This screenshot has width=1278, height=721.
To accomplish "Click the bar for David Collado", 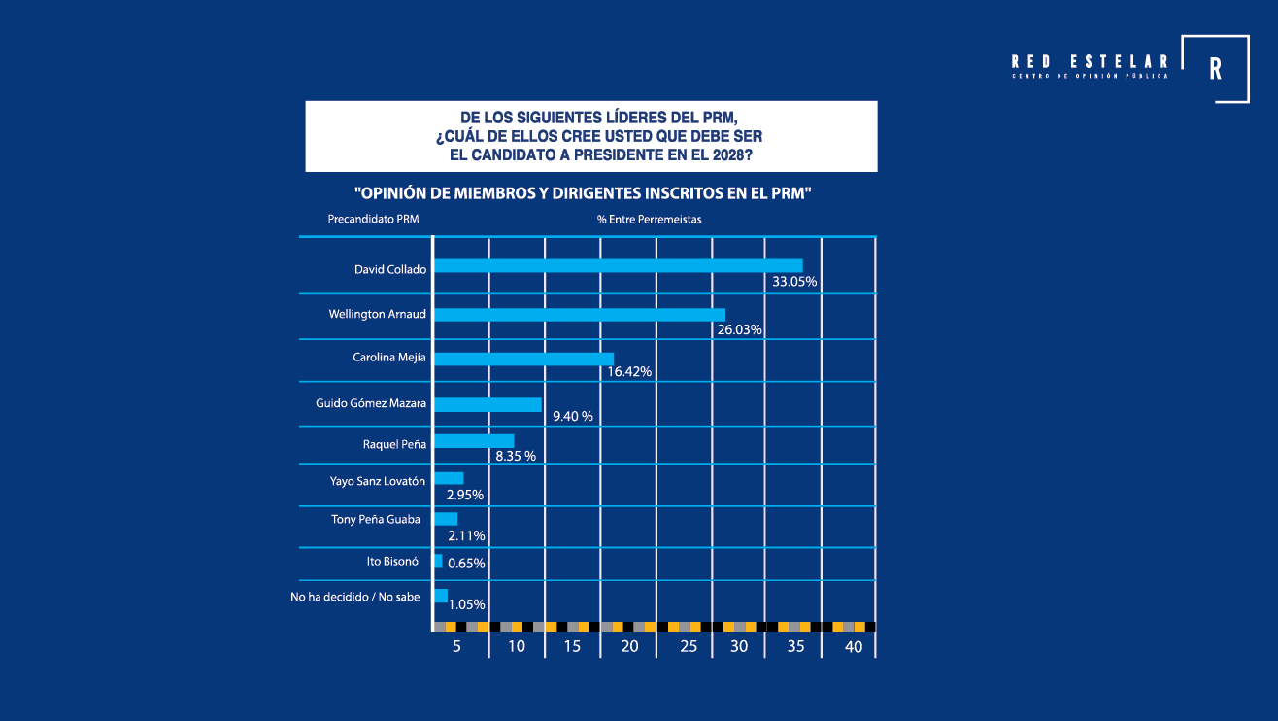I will tap(618, 266).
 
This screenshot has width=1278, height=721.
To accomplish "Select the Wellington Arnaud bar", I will tap(579, 315).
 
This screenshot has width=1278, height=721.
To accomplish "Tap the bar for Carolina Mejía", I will tap(523, 359).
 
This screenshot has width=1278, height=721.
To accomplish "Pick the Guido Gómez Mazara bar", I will tap(487, 404).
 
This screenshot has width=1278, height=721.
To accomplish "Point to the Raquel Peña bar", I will tap(473, 441).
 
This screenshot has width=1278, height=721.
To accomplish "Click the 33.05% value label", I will tap(793, 282).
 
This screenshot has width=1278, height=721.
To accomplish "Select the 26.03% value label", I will tap(739, 329).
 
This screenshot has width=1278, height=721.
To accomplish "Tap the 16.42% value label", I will tap(628, 372).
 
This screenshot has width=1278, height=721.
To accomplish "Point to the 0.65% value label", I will tap(466, 563).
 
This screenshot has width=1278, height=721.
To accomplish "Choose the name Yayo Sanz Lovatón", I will tap(378, 480).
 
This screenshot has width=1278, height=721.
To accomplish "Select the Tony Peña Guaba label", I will tap(376, 520).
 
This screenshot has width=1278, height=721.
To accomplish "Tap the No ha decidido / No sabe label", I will tap(355, 597).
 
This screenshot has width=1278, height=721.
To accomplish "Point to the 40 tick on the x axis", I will tap(854, 647).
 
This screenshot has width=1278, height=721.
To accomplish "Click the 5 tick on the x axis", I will tap(456, 647).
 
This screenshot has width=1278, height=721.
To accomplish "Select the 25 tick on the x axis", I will tap(688, 647).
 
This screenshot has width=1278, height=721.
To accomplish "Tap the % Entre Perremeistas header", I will tap(649, 220).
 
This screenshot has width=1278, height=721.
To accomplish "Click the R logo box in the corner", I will tap(1216, 69).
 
